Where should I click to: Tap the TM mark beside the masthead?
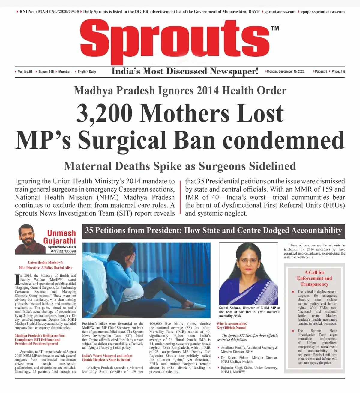pos(275,28)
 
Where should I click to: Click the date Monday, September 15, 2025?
pos(285,72)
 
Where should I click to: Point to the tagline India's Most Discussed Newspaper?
pos(185,71)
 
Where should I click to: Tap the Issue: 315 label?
pos(46,72)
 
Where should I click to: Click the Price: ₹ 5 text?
pos(338,72)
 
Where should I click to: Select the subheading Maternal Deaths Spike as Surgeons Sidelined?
pos(180,166)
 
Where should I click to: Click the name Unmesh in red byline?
pos(61,233)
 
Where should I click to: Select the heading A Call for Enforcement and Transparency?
pos(314,278)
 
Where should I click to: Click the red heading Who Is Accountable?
pos(232,324)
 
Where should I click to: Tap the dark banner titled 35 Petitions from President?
pos(213,231)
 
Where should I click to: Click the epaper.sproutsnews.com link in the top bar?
pos(322,12)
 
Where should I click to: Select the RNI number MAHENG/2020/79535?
pos(58,12)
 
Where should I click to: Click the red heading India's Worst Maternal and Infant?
pos(107,356)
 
